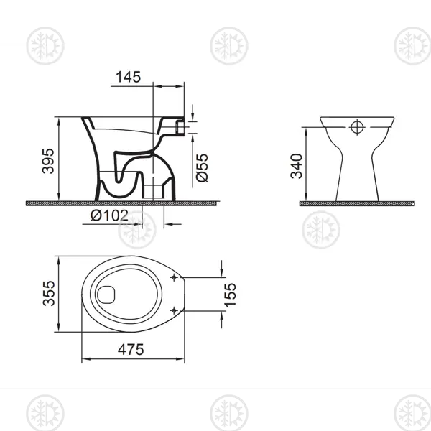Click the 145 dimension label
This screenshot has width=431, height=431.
tap(128, 77)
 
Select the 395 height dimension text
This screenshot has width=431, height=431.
tap(48, 161)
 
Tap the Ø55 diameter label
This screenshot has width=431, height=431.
tap(202, 167)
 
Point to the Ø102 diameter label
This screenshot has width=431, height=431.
tap(109, 215)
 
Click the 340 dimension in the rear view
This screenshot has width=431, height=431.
tap(297, 166)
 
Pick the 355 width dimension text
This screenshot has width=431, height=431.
tap(49, 293)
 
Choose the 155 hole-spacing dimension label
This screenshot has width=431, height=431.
tap(230, 295)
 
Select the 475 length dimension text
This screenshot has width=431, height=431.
tap(131, 349)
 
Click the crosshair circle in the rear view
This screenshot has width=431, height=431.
tap(357, 127)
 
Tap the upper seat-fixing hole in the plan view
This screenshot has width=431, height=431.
tap(174, 277)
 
